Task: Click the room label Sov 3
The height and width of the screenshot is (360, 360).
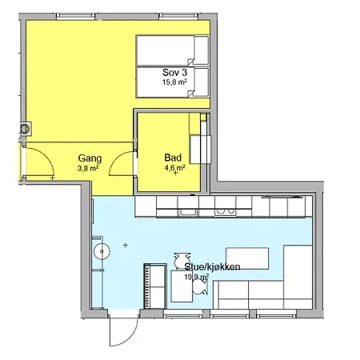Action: click(175, 72)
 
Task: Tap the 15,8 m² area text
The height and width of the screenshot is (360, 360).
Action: click(174, 82)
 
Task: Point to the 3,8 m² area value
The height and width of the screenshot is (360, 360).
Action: click(88, 168)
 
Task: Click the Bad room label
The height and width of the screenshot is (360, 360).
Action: click(173, 158)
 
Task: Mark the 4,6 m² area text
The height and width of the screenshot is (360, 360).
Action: click(174, 168)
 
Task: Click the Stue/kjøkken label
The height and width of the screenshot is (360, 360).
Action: click(212, 266)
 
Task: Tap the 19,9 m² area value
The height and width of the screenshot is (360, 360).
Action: click(197, 277)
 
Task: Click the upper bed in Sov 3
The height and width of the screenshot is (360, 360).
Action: click(172, 50)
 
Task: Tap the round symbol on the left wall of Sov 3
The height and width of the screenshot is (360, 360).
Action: click(25, 129)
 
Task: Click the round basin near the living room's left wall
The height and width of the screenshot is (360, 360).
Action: click(102, 251)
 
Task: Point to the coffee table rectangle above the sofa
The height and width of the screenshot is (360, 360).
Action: click(247, 258)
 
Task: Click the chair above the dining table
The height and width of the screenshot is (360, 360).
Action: click(182, 261)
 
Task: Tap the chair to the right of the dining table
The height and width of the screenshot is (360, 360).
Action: click(200, 286)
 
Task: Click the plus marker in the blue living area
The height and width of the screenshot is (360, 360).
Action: click(126, 245)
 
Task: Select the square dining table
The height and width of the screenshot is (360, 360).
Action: click(182, 286)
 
